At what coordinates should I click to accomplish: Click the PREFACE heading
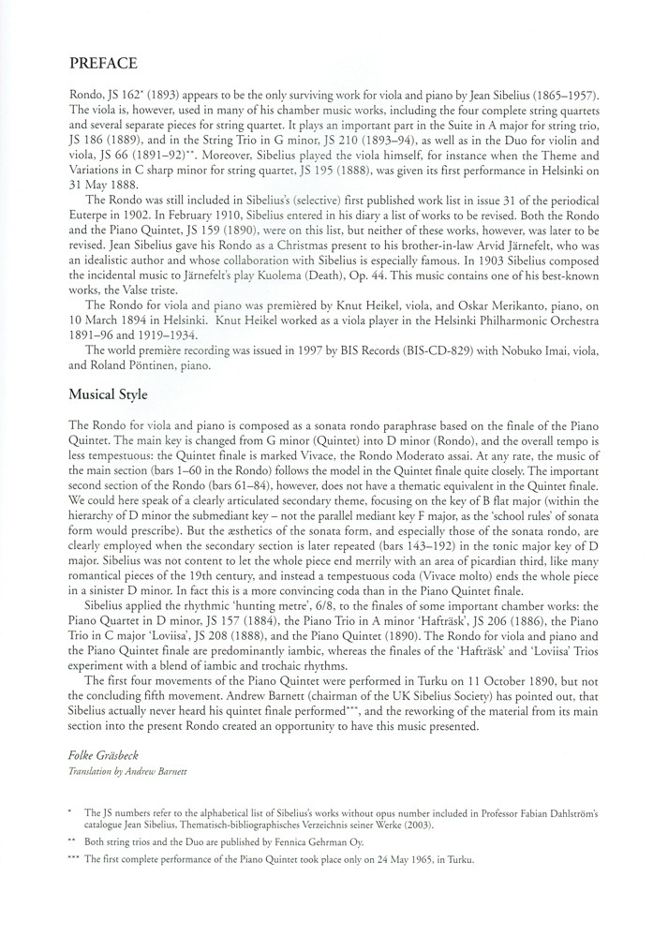[104, 64]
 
